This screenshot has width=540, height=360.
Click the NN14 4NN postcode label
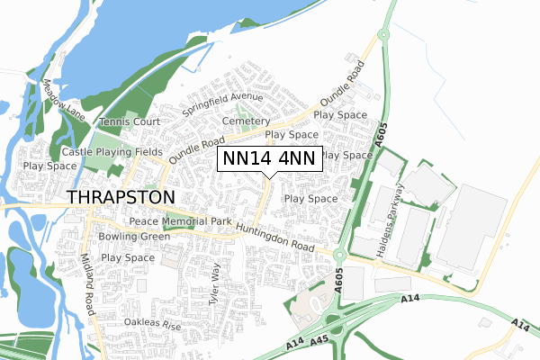(x=268, y=159)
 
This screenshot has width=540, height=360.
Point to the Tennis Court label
(x=130, y=121)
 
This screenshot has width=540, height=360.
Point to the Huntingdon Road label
(x=275, y=238)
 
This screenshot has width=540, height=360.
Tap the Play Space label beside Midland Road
(x=128, y=258)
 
